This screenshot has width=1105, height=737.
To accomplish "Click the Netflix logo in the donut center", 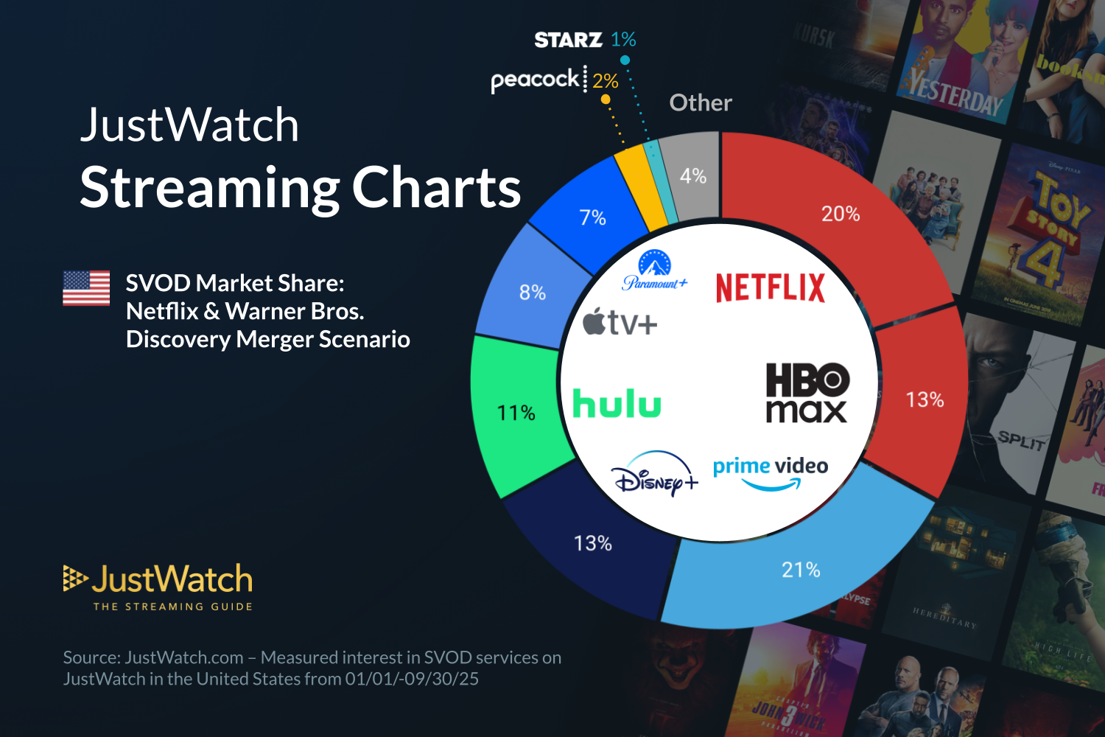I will [771, 287].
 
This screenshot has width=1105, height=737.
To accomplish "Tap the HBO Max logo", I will [807, 393].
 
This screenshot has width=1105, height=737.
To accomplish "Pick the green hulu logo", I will [617, 404].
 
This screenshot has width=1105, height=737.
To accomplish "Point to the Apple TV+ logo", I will [620, 323].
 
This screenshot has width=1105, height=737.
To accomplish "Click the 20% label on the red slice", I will [841, 214].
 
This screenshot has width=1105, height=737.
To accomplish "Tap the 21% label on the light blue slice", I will [801, 570].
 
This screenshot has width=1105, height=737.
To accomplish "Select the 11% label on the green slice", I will [516, 413].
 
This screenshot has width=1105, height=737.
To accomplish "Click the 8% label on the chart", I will [532, 293].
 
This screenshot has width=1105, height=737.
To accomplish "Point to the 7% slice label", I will [592, 218].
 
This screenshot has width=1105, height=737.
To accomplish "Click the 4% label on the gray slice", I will [692, 176].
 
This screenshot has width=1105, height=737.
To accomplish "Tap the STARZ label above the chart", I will [568, 40].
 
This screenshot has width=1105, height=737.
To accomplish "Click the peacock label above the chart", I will [535, 80].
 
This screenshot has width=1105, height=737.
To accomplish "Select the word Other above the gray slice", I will [701, 103].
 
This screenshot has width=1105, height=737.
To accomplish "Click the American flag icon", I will [86, 287].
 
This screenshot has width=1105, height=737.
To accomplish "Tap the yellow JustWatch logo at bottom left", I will [158, 587].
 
